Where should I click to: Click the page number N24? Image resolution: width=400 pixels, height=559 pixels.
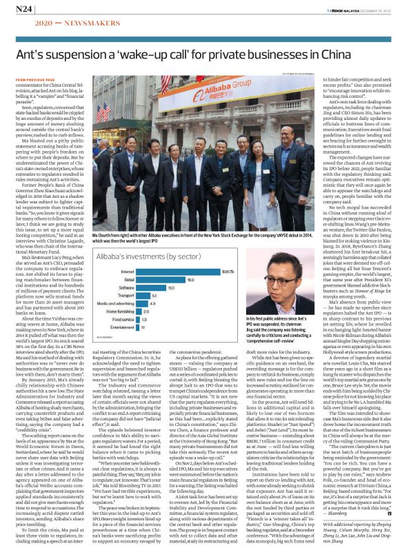23,9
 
